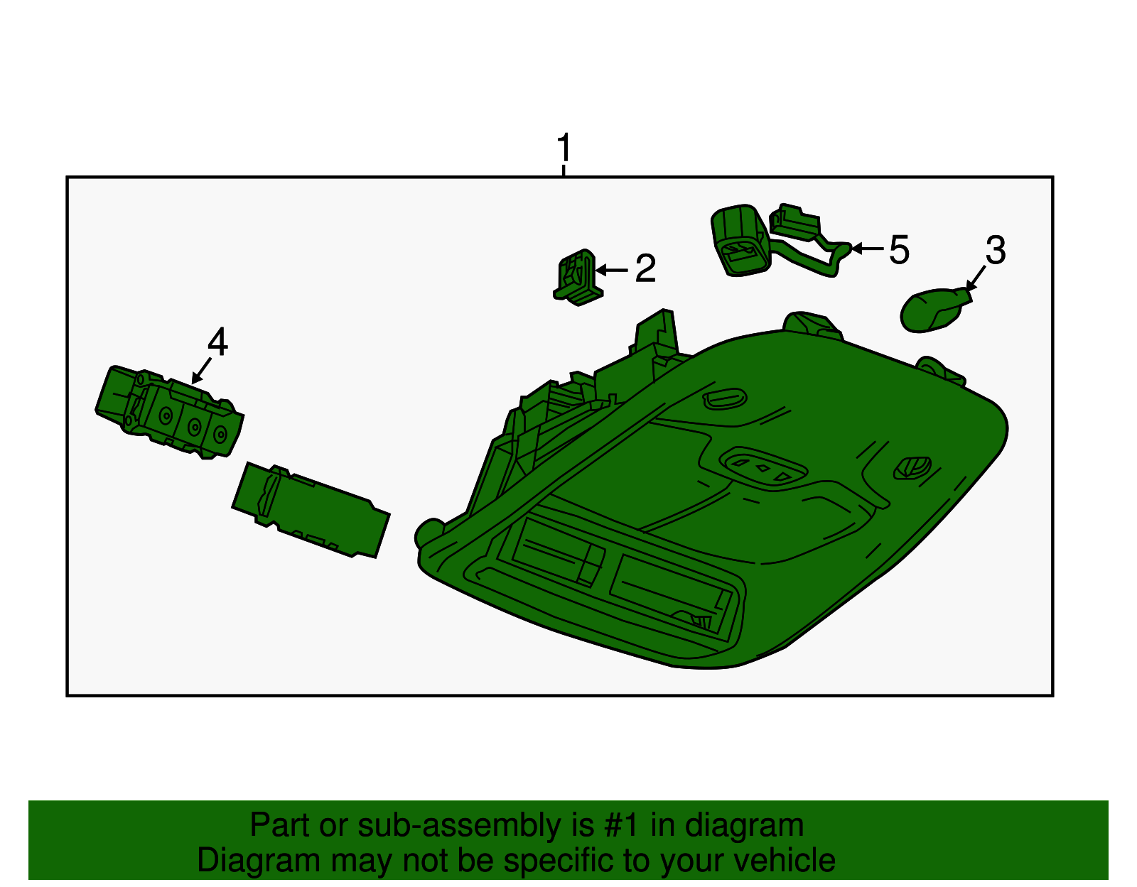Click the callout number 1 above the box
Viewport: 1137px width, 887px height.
[564, 147]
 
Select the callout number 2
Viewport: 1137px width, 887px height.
[645, 268]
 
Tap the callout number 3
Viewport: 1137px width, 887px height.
[995, 250]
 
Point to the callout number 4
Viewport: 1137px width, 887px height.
[217, 342]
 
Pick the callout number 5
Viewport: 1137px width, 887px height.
[900, 250]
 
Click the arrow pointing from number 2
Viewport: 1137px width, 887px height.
[612, 271]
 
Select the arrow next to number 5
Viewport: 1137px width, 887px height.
[868, 249]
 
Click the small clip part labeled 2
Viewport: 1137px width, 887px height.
[578, 278]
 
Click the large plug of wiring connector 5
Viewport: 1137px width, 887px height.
[740, 240]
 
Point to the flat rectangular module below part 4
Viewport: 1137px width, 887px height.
[311, 510]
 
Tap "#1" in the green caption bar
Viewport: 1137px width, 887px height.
[620, 825]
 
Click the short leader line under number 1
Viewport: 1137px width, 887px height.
[564, 171]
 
